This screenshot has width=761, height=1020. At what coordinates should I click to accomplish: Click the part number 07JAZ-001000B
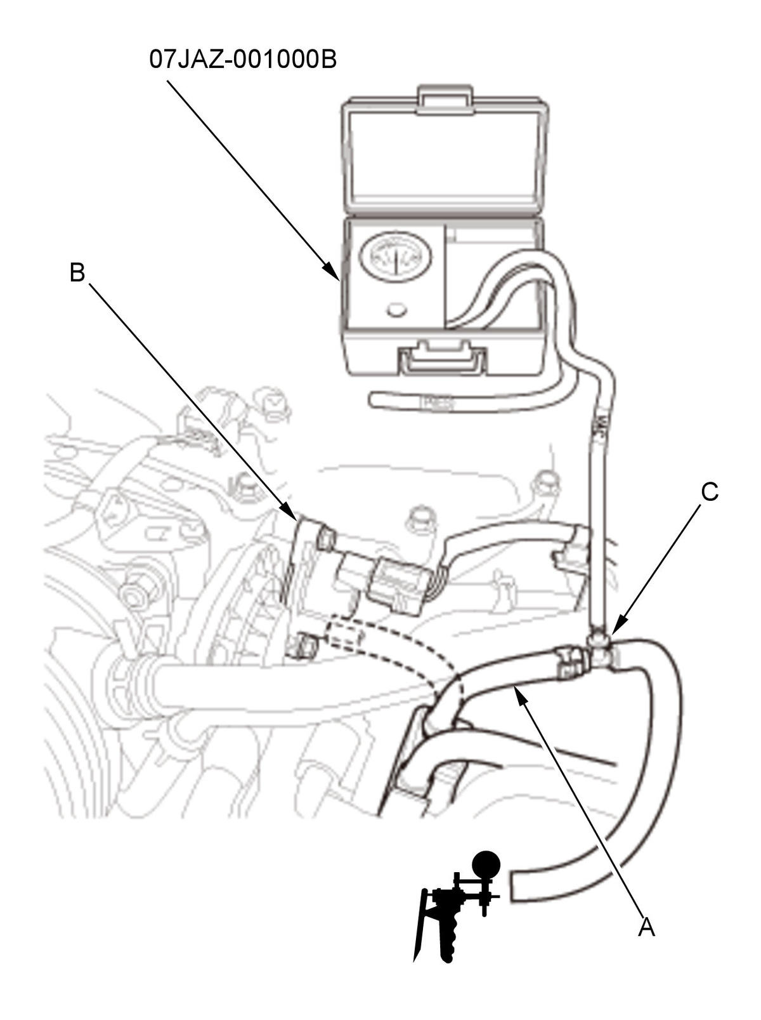click(x=243, y=60)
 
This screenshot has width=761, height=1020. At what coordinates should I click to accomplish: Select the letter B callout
click(x=77, y=272)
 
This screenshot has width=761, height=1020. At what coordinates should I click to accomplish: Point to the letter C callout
click(x=710, y=492)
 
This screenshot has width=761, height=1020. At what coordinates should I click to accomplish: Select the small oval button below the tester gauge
click(x=397, y=310)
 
